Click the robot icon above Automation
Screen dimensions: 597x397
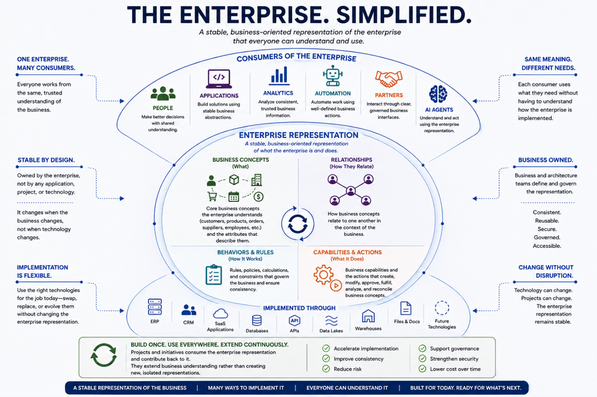click(x=332, y=76)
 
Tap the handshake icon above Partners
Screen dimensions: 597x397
click(x=388, y=79)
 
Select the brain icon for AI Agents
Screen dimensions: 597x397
click(x=438, y=94)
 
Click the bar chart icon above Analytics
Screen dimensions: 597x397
click(x=279, y=76)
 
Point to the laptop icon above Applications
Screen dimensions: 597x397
click(x=219, y=79)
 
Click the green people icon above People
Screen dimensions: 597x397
click(x=163, y=94)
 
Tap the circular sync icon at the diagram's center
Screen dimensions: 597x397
click(x=298, y=224)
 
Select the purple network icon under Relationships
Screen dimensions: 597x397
click(x=350, y=190)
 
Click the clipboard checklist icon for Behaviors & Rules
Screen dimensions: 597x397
click(x=213, y=275)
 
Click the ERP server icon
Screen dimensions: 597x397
click(x=154, y=307)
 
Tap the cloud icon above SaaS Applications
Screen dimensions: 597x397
click(x=220, y=314)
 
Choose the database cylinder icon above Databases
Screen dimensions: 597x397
click(x=257, y=321)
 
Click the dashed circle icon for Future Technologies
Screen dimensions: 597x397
click(x=442, y=308)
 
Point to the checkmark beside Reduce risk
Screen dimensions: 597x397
click(x=326, y=369)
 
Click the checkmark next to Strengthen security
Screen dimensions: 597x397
click(x=422, y=359)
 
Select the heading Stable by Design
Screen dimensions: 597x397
click(x=46, y=160)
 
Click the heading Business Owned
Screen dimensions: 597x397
click(x=545, y=160)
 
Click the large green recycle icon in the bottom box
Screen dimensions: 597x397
click(x=104, y=355)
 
